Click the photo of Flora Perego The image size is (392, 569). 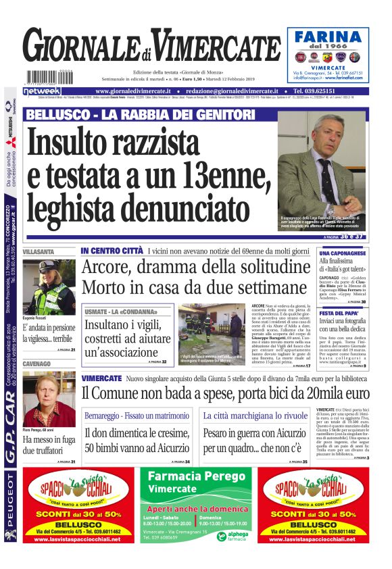point(49,394)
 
